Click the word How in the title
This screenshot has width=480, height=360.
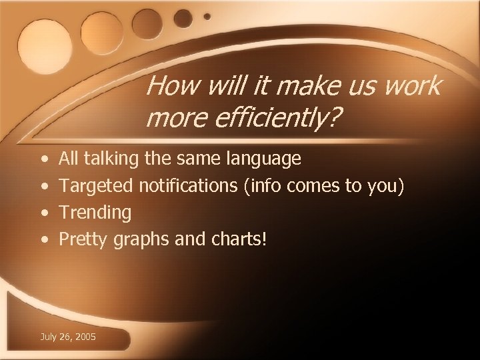[167, 85]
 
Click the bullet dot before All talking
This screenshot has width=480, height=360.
[43, 160]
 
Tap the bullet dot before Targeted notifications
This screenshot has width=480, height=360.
[43, 187]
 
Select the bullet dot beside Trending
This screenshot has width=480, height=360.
[43, 213]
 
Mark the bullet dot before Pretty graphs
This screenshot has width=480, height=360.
[43, 239]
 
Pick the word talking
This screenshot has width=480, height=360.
[111, 160]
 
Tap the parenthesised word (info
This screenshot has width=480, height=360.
[262, 186]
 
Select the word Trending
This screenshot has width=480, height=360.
[95, 213]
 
